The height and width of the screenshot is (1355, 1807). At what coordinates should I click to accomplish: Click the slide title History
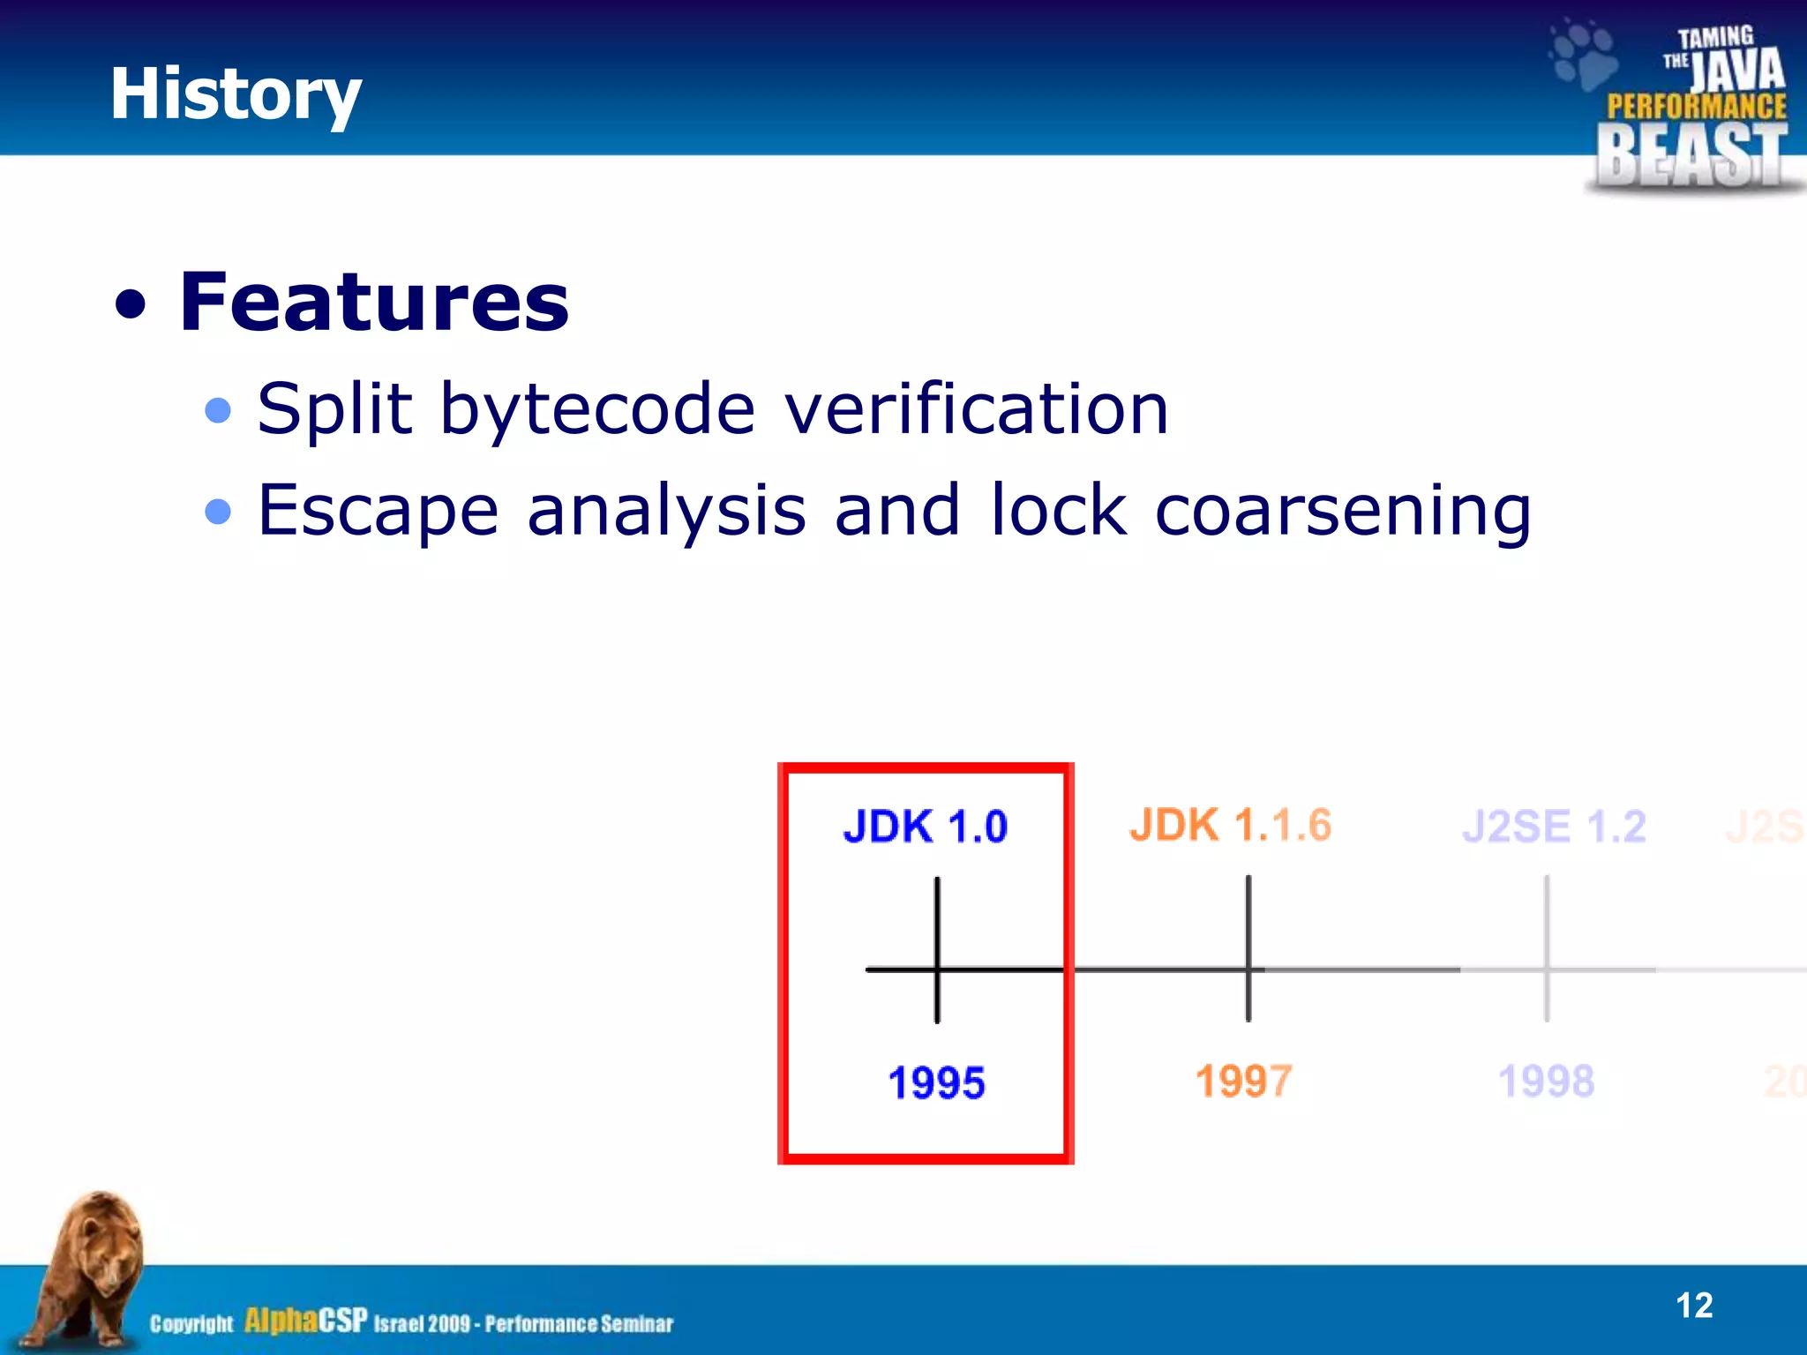click(236, 94)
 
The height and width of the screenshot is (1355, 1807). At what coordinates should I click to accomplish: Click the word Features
click(374, 303)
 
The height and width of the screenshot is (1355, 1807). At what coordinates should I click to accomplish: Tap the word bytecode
click(597, 410)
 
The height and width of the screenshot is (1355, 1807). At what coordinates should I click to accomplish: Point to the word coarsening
click(1342, 512)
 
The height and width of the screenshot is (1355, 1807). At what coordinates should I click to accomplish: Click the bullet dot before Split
click(217, 410)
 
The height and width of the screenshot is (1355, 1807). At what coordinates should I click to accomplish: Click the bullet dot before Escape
click(217, 511)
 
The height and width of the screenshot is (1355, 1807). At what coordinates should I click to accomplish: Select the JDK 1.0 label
click(925, 827)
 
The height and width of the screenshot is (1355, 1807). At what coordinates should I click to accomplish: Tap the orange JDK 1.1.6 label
click(1230, 826)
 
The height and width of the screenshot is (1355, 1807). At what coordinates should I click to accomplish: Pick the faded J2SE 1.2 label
click(1554, 827)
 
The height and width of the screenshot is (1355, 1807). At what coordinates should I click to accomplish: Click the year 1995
click(936, 1082)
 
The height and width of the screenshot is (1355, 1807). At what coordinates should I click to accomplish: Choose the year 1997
click(1243, 1081)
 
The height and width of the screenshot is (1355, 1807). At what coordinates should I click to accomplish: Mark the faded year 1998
click(1546, 1081)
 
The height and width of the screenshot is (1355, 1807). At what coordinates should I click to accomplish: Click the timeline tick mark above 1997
click(1248, 948)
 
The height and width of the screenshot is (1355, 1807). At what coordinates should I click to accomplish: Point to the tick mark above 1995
click(937, 948)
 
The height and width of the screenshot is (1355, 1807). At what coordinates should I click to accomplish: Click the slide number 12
click(1693, 1306)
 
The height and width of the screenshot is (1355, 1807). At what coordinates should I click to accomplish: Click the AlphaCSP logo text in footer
click(305, 1321)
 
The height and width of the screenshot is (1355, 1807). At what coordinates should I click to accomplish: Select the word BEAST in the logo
click(1691, 155)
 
